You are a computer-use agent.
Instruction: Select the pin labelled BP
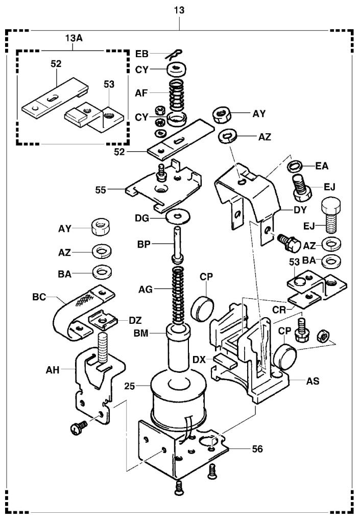pos(177,245)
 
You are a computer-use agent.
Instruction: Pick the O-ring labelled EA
pos(296,165)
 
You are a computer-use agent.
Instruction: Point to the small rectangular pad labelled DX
pos(224,361)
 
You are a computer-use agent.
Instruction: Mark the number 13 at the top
pos(179,10)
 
